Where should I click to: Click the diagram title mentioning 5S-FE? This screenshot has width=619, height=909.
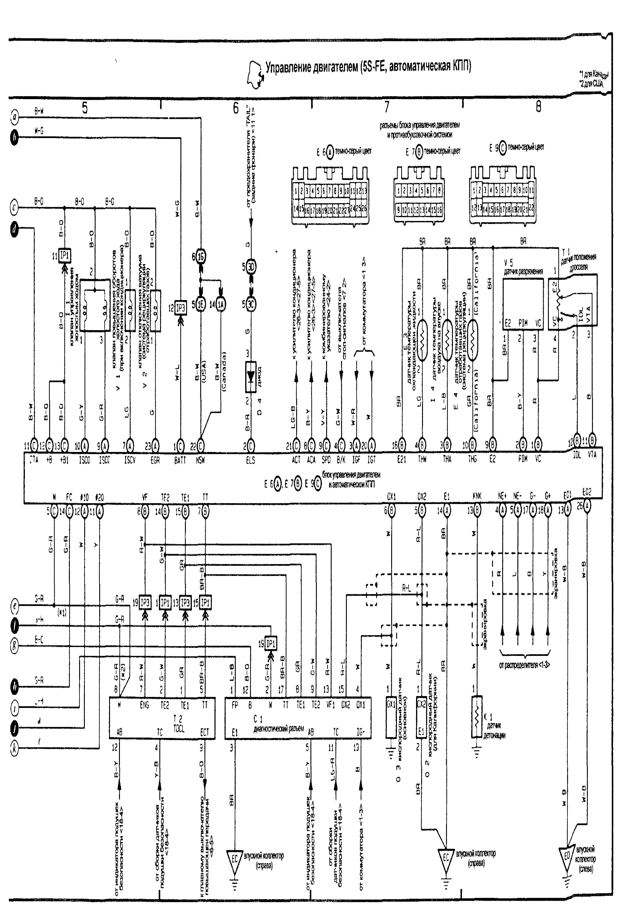coord(368,67)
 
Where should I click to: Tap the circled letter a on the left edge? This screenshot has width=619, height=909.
coord(14,116)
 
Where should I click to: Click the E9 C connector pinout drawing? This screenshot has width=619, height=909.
coord(503,194)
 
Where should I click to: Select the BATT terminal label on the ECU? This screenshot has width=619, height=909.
coord(180,461)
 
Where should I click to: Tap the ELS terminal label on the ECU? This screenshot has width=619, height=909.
coord(251,461)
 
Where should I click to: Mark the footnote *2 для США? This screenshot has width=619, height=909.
coord(591,83)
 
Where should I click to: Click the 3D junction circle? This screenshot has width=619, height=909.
coord(251,267)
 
